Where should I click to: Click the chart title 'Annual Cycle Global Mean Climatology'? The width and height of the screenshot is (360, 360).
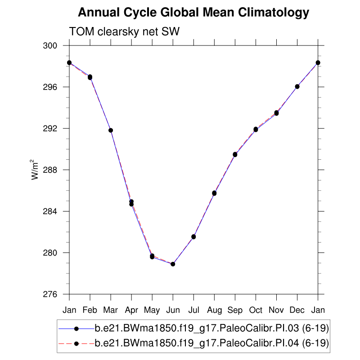193,13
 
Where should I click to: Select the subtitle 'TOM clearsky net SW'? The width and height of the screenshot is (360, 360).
124,31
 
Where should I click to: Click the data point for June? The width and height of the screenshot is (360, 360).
173,264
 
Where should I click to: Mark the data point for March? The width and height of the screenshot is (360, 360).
111,130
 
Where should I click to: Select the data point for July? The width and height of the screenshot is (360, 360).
193,237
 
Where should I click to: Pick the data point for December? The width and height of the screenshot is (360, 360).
297,86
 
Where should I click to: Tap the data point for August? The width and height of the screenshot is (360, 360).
214,193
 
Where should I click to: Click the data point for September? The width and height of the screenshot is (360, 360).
235,154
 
